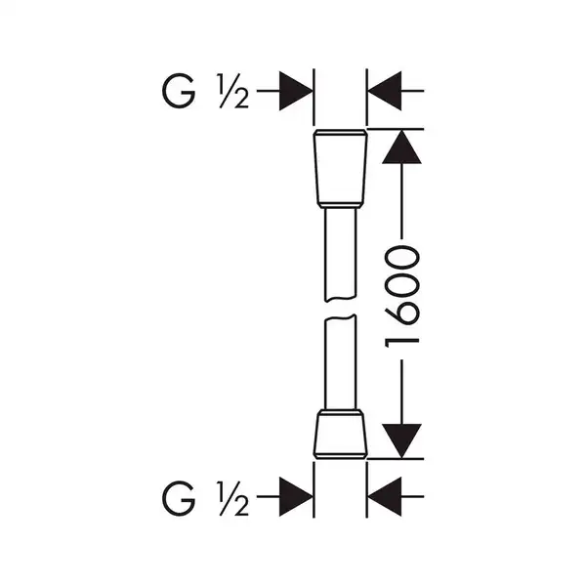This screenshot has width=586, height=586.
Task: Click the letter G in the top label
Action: click(179, 91)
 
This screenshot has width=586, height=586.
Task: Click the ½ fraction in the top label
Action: click(233, 91)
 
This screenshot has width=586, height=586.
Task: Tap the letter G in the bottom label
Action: click(179, 498)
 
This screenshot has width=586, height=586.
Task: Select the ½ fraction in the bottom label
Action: click(233, 498)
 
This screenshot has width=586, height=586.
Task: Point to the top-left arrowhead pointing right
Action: click(296, 91)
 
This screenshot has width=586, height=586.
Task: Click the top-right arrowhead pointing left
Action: click(385, 91)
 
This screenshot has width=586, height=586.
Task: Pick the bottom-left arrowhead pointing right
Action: click(296, 497)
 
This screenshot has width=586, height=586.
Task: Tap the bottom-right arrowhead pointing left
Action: click(385, 497)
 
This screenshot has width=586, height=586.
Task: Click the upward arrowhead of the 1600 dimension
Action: click(401, 146)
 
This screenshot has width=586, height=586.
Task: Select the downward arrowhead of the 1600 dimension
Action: click(401, 441)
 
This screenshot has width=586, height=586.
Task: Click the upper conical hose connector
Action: click(340, 168)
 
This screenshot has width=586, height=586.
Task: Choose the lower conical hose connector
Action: click(340, 435)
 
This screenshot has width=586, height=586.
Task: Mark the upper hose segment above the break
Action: click(340, 255)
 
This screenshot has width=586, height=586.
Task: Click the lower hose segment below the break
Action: click(340, 362)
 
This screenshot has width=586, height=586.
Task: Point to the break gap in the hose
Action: click(340, 309)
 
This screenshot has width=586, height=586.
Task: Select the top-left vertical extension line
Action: click(314, 97)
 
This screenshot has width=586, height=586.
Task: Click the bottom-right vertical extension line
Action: click(367, 490)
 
